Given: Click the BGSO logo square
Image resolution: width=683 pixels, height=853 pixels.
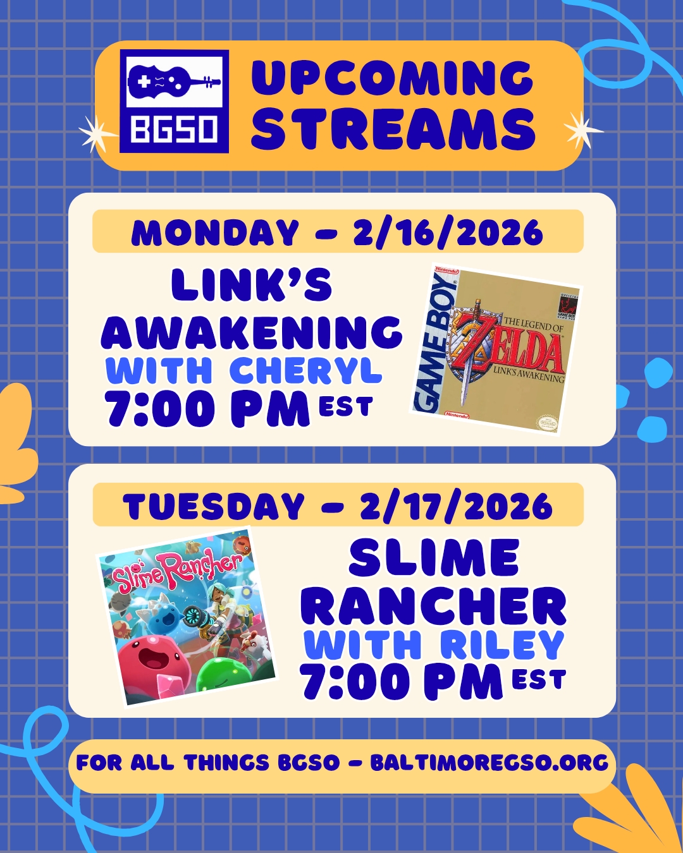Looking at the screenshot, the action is tap(174, 101).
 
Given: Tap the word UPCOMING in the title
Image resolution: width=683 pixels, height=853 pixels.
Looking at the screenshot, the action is tap(392, 78).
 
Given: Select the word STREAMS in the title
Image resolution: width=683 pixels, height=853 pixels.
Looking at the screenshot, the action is tap(393, 129).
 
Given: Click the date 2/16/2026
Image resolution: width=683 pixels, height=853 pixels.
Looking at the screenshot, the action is tap(448, 233).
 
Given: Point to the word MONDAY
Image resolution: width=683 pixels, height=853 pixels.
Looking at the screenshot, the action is tap(215, 233).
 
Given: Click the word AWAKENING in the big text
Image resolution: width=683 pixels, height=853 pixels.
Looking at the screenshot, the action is tap(252, 332).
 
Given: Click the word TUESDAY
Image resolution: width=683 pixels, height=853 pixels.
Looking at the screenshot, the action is tap(214, 506).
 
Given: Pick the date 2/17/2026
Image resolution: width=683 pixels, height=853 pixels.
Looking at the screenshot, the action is tap(456, 506).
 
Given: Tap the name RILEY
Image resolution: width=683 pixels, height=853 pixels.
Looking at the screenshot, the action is tap(501, 644).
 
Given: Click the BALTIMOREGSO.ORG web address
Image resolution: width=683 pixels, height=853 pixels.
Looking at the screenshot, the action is tap(489, 763).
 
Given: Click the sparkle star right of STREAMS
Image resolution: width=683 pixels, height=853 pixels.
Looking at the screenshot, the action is tap(582, 130).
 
